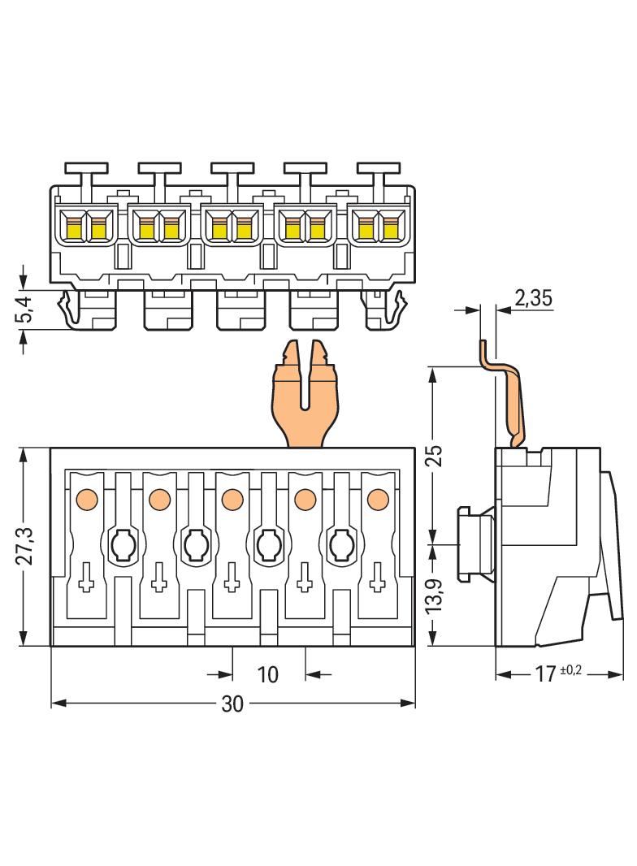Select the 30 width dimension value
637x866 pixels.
tap(232, 704)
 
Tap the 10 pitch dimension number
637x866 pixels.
tap(267, 674)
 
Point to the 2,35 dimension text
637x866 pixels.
tap(533, 299)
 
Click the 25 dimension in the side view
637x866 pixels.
tap(435, 456)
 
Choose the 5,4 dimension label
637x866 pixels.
tap(24, 310)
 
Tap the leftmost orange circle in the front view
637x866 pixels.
tap(86, 497)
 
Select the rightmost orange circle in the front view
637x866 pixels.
tap(377, 497)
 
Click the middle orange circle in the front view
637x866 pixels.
tap(232, 497)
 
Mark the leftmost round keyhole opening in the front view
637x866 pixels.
tap(122, 543)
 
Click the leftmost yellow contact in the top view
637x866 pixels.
tap(73, 227)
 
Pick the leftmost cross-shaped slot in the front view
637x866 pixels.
tap(86, 582)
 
